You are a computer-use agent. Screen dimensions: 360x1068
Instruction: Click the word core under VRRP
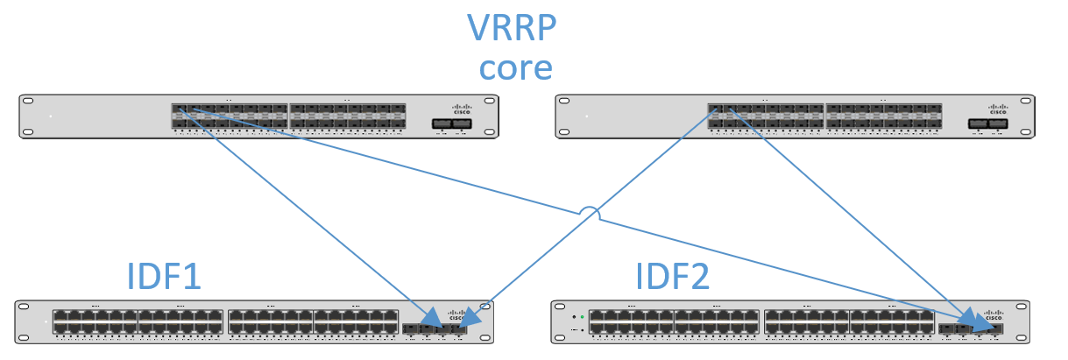(x=511, y=67)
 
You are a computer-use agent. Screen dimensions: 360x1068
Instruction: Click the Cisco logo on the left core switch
(x=462, y=109)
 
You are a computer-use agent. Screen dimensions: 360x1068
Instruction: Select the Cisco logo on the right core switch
(x=998, y=109)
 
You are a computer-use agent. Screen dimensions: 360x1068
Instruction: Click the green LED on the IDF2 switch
(x=582, y=316)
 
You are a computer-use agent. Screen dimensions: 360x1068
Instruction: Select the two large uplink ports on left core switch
(x=452, y=124)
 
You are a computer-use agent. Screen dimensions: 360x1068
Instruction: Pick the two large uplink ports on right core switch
(x=988, y=124)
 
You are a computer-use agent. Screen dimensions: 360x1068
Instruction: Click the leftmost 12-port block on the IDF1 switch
(x=95, y=321)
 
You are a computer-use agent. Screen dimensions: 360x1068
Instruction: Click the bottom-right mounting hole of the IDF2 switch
(x=1019, y=338)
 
